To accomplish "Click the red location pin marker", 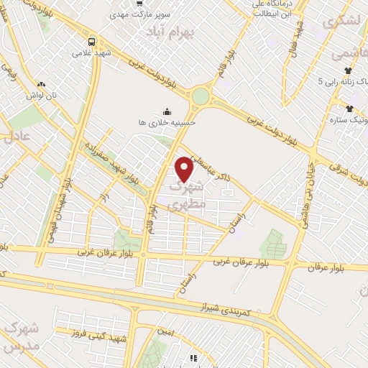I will pos(185,169).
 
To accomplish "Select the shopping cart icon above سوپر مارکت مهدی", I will pos(135,4).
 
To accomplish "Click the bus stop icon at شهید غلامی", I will pos(92,41).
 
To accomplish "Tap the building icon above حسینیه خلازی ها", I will pos(167,111).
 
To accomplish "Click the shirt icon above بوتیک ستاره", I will pos(349,109).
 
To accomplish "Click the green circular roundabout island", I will pos(201,96).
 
